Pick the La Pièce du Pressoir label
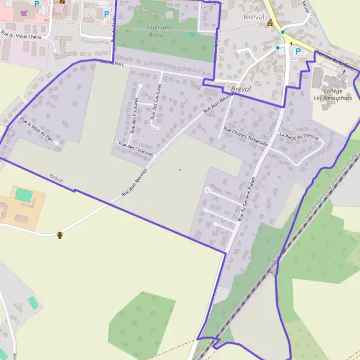[x=299, y=137]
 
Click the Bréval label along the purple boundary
[x=58, y=179]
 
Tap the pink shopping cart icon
[x=23, y=12]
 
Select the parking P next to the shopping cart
[x=37, y=4]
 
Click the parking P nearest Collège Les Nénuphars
[x=298, y=51]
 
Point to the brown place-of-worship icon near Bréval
[x=270, y=23]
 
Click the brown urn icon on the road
[x=59, y=235]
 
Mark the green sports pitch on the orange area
[x=24, y=195]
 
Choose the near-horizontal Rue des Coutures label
[x=136, y=149]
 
